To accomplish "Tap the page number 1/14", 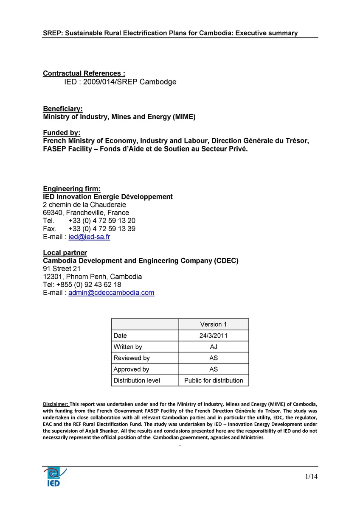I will click(311, 477).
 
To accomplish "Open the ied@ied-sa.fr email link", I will click(89, 237).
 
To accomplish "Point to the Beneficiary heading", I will click(63, 109).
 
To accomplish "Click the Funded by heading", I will click(62, 133).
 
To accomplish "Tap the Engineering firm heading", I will click(72, 189).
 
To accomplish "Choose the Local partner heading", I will click(65, 253).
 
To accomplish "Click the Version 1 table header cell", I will click(214, 324).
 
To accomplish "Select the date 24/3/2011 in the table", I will click(214, 336).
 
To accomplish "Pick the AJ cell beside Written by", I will click(214, 347).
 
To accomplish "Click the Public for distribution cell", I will click(214, 380).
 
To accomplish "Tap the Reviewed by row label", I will click(132, 358).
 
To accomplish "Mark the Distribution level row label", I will click(137, 380).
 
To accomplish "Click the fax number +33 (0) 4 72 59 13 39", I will click(102, 229).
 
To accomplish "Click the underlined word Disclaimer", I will click(56, 403).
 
